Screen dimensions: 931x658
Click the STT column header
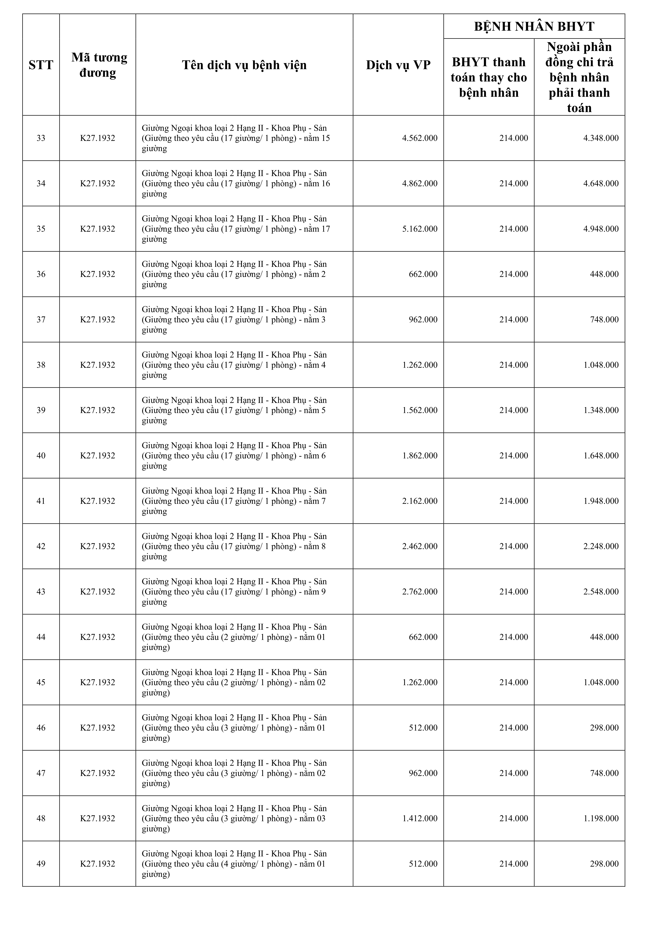pos(41,65)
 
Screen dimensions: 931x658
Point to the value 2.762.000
pos(420,592)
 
